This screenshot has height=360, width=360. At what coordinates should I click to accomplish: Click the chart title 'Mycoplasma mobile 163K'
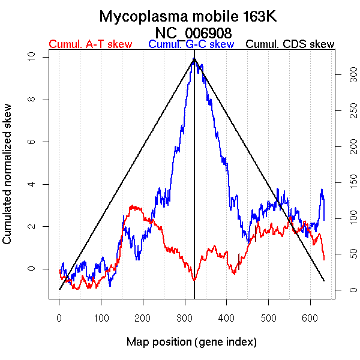pyautogui.click(x=188, y=16)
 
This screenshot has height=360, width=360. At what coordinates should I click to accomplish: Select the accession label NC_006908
pyautogui.click(x=193, y=32)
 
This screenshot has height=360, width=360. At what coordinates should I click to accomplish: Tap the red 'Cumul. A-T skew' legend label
pyautogui.click(x=90, y=44)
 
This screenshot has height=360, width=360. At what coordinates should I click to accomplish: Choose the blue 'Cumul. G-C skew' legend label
pyautogui.click(x=191, y=44)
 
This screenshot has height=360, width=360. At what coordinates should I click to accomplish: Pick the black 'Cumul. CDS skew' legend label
pyautogui.click(x=290, y=44)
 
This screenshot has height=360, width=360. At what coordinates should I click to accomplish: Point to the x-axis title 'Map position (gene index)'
pyautogui.click(x=191, y=342)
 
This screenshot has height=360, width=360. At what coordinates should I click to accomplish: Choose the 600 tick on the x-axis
pyautogui.click(x=310, y=317)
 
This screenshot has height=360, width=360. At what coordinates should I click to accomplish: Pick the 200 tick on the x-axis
pyautogui.click(x=143, y=317)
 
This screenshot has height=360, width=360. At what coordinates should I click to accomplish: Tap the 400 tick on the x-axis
pyautogui.click(x=227, y=317)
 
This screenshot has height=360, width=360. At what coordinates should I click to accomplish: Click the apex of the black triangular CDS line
pyautogui.click(x=194, y=59)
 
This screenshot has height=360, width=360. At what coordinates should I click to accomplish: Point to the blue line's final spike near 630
pyautogui.click(x=322, y=190)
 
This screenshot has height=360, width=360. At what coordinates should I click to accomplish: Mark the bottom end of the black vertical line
pyautogui.click(x=194, y=297)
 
